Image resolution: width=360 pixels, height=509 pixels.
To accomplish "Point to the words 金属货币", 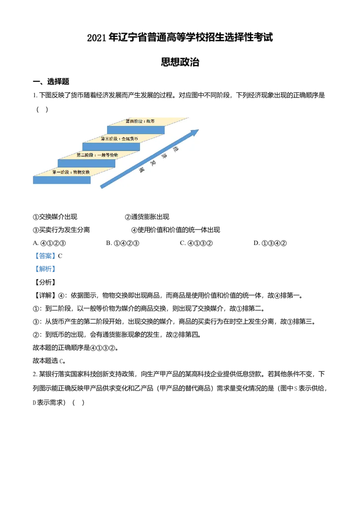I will click(x=129, y=138).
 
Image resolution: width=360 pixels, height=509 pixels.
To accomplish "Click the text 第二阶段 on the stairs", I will click(x=84, y=155).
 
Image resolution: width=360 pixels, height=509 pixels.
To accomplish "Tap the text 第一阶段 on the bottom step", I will click(x=61, y=172).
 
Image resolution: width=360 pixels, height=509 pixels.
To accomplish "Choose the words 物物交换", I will click(x=81, y=172).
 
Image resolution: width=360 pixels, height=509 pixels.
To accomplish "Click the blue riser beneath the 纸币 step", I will click(x=135, y=130).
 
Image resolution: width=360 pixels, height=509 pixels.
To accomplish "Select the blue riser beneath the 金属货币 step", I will click(x=111, y=147).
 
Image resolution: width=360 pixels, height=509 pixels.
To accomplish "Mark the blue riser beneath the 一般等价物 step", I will click(x=86, y=163).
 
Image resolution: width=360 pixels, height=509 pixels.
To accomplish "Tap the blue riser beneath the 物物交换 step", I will click(x=62, y=180).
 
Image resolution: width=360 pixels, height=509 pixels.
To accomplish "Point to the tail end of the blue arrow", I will click(x=103, y=187).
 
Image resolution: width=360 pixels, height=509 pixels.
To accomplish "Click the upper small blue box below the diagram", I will click(x=46, y=255).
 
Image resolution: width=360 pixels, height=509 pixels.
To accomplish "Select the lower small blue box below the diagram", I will click(x=46, y=269).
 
